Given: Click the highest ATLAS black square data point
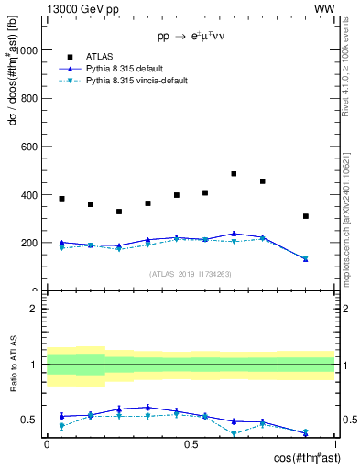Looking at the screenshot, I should [x=234, y=173].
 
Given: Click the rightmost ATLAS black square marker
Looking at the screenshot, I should [x=306, y=216].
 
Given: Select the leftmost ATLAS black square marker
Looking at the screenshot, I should [x=61, y=199].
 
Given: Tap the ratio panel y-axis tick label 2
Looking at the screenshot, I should [x=34, y=309].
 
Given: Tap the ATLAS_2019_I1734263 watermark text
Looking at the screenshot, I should [x=191, y=273].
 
